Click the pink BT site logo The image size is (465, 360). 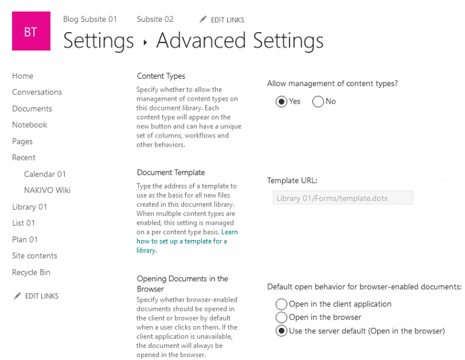(31, 32)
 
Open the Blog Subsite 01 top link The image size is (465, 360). (90, 19)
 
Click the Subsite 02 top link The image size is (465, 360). (155, 19)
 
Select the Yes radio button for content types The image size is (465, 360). (281, 102)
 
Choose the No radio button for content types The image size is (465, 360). (318, 102)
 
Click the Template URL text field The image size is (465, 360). (343, 198)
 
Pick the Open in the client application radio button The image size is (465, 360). (281, 304)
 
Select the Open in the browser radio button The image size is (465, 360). (281, 318)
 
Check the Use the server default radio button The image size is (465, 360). (281, 331)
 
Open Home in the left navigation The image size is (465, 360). (22, 76)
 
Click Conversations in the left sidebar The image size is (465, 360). (37, 92)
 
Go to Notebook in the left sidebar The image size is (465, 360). (30, 125)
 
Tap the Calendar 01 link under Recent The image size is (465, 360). (45, 174)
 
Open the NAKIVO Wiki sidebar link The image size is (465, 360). (47, 190)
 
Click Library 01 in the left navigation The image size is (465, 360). (30, 207)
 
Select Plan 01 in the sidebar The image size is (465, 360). (25, 239)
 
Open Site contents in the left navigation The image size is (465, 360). (35, 256)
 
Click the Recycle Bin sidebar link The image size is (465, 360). (31, 272)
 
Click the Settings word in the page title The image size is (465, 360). (98, 41)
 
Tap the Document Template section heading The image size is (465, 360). (171, 172)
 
